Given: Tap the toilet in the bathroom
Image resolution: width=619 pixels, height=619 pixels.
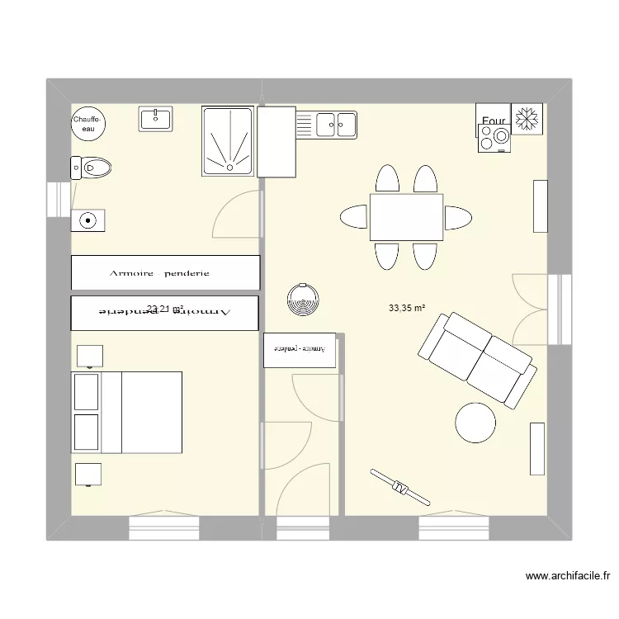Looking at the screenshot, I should click(x=92, y=169).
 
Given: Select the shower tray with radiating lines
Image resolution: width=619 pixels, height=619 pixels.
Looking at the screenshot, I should click(x=228, y=142).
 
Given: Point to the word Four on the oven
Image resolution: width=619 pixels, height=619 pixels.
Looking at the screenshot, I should click(x=493, y=121).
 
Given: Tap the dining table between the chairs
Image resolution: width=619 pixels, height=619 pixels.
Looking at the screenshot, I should click(x=406, y=217).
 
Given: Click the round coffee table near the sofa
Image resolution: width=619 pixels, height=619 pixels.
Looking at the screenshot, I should click(x=475, y=422).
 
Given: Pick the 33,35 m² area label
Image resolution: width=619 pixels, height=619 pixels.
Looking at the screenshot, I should click(x=407, y=309).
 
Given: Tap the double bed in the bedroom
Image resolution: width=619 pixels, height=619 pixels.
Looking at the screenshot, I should click(x=128, y=412).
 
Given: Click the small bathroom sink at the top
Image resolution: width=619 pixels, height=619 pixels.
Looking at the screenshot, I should click(x=155, y=120).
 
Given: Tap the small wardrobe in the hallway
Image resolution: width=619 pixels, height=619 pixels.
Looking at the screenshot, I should click(x=300, y=349).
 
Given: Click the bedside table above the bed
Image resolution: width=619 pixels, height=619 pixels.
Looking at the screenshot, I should click(x=89, y=356).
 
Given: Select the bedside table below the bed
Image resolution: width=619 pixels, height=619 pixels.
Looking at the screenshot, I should click(x=89, y=474).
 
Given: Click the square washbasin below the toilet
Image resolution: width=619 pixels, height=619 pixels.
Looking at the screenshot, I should click(x=87, y=220).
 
